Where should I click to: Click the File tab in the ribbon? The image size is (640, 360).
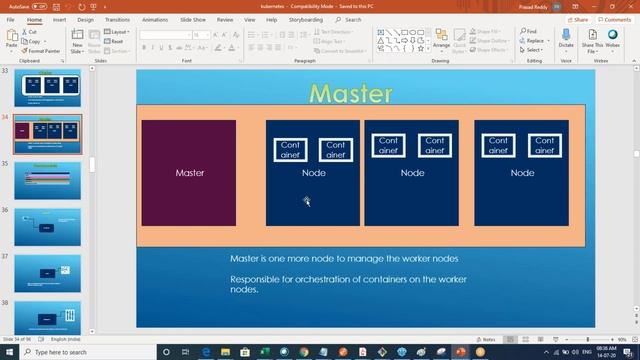(10, 19)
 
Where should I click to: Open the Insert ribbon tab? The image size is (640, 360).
(59, 19)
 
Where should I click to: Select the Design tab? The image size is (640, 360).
(85, 19)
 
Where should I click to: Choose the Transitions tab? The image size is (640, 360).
(117, 19)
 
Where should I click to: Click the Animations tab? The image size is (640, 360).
(155, 19)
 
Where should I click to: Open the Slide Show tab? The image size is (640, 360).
(192, 19)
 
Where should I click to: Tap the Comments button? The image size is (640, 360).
(615, 19)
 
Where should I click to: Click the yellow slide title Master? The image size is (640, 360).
(350, 93)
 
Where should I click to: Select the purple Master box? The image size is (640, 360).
(189, 173)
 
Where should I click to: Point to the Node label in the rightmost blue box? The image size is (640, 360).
(522, 173)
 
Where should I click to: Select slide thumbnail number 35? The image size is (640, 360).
(48, 180)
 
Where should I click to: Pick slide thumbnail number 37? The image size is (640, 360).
(48, 272)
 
